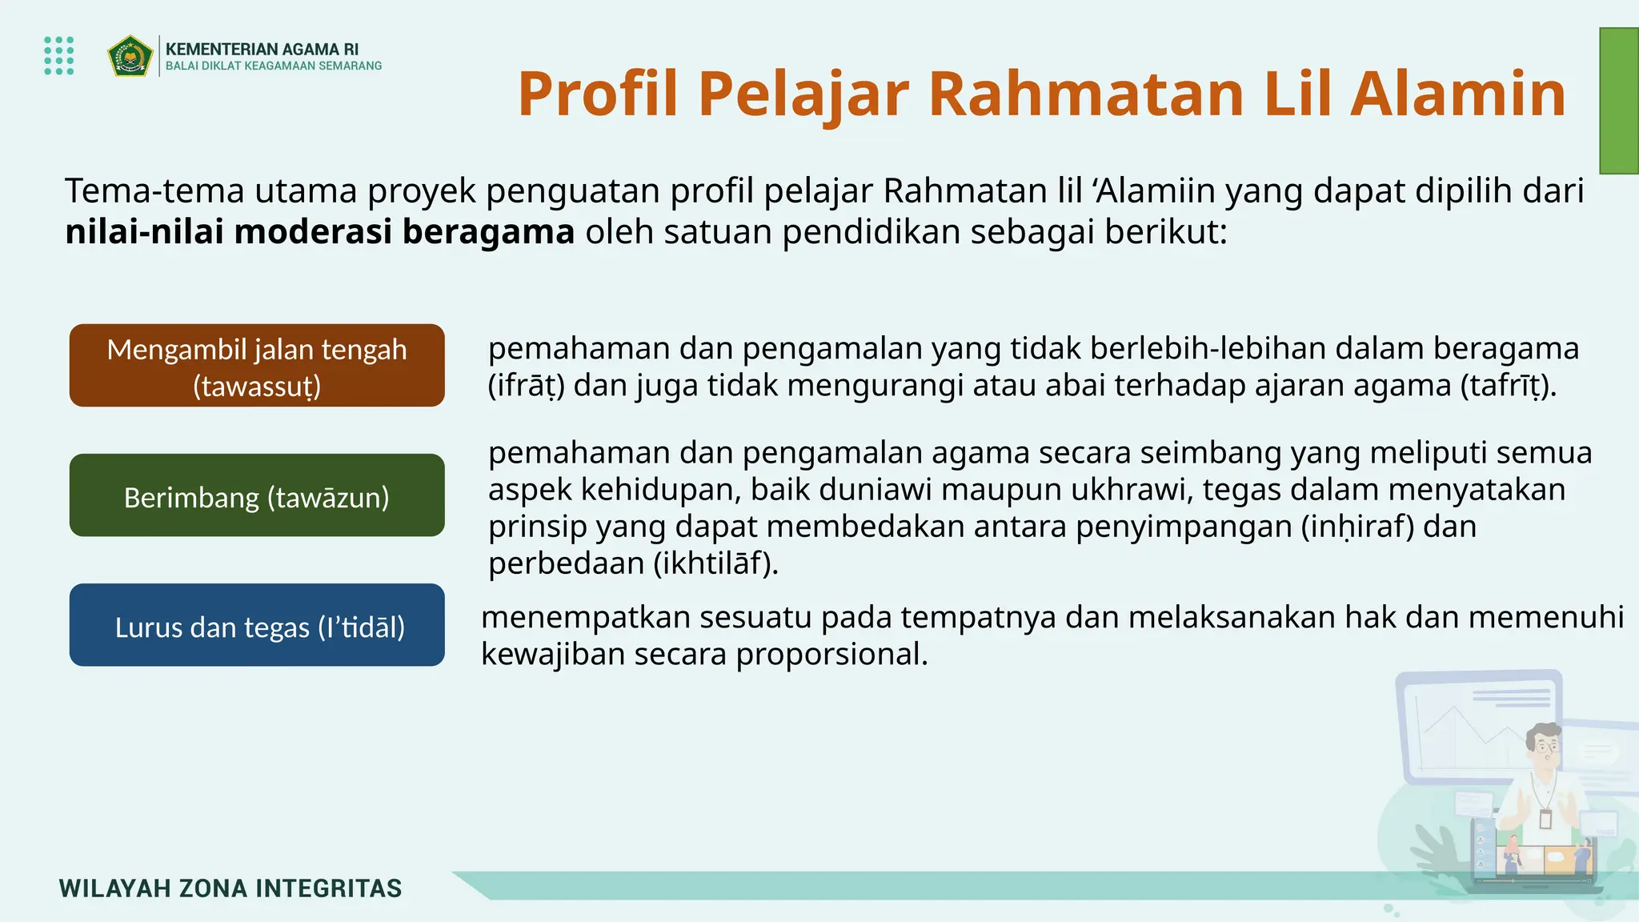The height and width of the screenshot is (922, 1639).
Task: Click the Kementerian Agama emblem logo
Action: [130, 55]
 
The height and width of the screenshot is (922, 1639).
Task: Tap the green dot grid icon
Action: [59, 55]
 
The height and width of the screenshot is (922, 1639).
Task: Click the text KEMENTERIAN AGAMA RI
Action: [262, 50]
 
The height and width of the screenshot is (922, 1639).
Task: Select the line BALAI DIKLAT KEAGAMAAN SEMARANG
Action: [274, 66]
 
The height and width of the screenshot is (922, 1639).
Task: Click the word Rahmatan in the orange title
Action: [1086, 94]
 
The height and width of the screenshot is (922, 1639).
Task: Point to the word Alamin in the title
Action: [1457, 94]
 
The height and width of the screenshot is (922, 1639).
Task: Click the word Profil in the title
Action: [597, 94]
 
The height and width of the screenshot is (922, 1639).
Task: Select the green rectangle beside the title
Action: [1618, 101]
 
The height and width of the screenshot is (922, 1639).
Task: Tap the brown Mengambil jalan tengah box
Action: [257, 366]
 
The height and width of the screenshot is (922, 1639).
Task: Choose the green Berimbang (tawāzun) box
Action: [257, 495]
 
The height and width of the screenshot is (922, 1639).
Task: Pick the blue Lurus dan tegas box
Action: [257, 625]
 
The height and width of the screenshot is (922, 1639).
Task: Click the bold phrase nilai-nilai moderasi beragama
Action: [319, 232]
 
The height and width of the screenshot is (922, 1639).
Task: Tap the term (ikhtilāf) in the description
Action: [715, 563]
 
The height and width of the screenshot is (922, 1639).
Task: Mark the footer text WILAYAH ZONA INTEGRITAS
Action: [230, 888]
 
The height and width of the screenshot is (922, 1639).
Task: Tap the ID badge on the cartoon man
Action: [1545, 819]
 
